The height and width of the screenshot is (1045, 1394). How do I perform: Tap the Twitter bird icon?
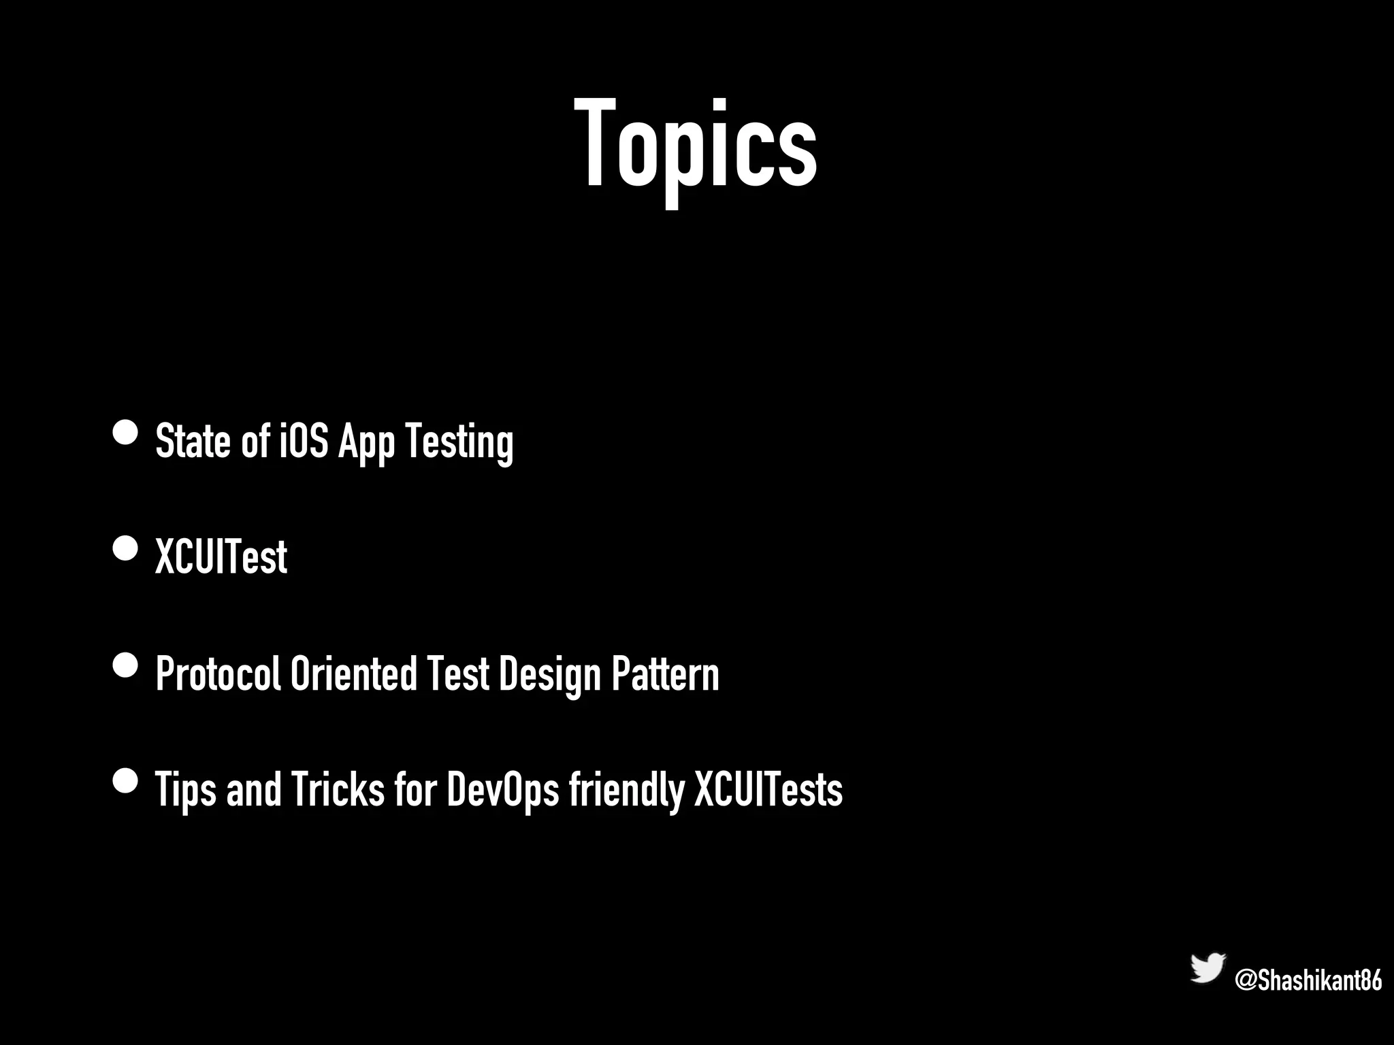[x=1207, y=968]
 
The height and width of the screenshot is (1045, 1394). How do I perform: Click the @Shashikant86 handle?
[x=1308, y=981]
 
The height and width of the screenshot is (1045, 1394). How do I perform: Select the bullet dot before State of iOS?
[x=125, y=432]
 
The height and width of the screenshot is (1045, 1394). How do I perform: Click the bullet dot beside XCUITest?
[x=125, y=548]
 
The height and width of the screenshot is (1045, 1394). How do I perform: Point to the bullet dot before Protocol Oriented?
[x=125, y=665]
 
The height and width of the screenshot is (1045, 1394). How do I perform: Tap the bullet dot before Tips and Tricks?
[x=125, y=781]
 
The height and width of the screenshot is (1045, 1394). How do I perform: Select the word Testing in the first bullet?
[x=459, y=442]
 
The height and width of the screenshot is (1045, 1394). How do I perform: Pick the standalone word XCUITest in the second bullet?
[x=221, y=557]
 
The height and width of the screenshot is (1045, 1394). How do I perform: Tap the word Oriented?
[x=353, y=674]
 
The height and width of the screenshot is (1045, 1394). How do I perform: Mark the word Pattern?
[x=665, y=674]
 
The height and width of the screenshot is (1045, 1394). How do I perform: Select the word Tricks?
[x=338, y=789]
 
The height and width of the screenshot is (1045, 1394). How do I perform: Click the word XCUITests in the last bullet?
[x=768, y=789]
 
